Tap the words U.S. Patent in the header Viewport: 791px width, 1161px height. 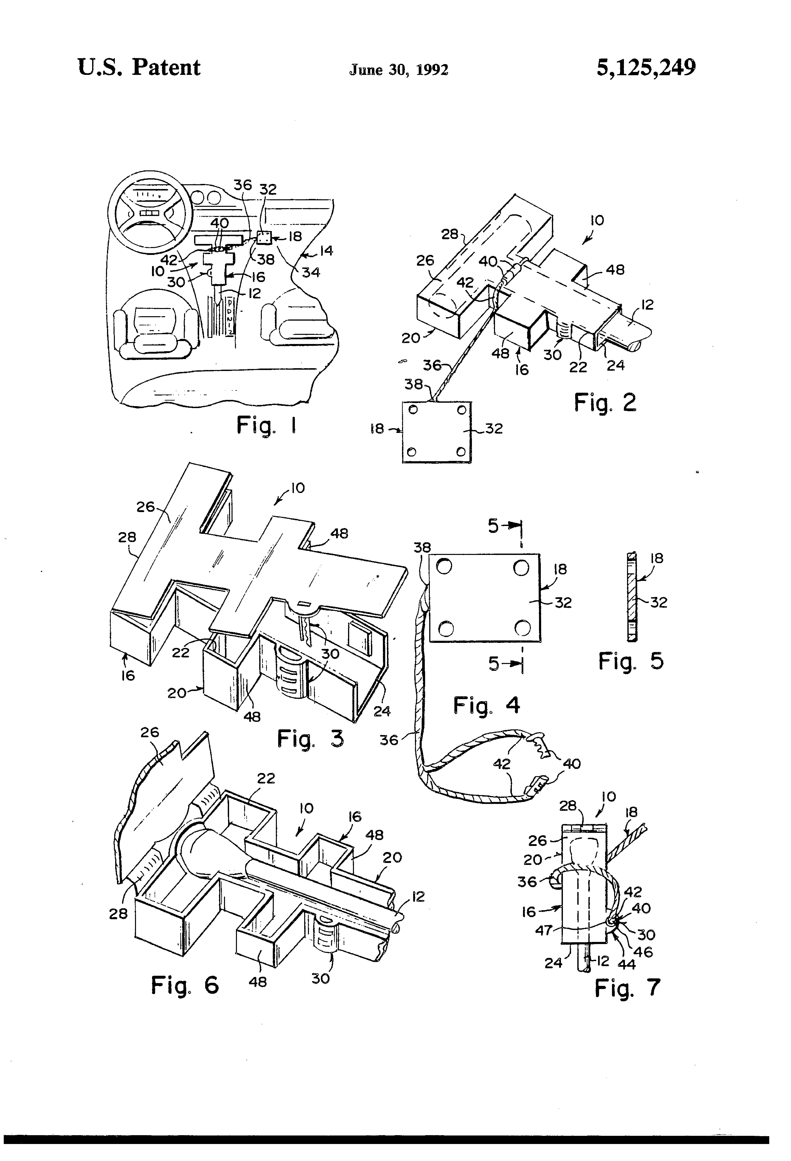click(139, 67)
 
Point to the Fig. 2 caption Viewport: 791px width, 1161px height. click(605, 403)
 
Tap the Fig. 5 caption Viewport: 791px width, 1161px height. click(631, 661)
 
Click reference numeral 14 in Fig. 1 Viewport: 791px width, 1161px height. click(326, 250)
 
